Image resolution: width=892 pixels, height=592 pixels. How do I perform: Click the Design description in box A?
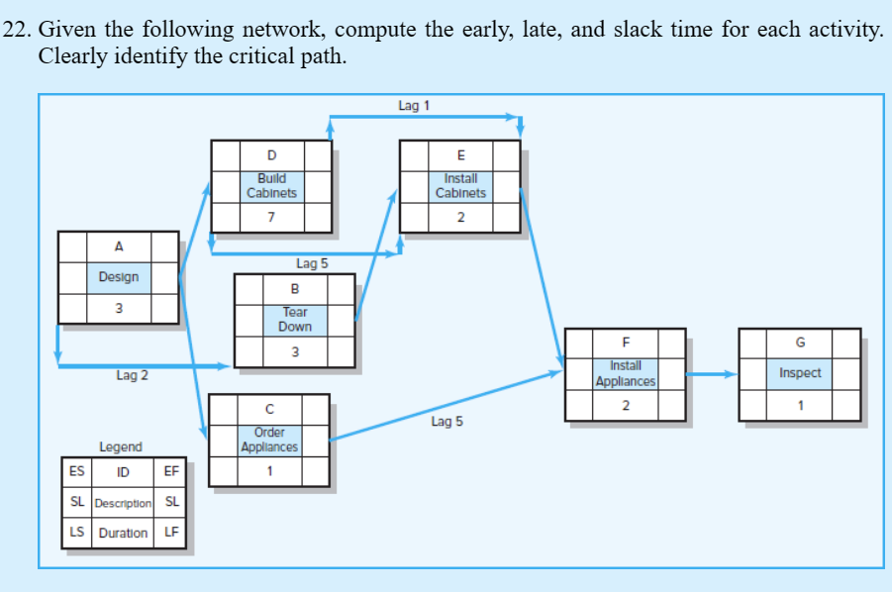(x=119, y=277)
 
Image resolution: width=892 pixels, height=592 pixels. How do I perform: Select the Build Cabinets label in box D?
(x=272, y=186)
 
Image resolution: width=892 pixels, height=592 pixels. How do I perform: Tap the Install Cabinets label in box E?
(x=460, y=186)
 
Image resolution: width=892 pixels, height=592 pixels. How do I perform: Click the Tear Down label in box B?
(x=294, y=319)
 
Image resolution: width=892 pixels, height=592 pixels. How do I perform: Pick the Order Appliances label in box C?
(x=269, y=440)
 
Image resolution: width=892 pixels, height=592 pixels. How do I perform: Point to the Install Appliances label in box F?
(x=625, y=373)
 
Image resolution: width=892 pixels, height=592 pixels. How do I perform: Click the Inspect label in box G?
(x=799, y=373)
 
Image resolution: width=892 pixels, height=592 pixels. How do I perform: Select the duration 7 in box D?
(x=272, y=219)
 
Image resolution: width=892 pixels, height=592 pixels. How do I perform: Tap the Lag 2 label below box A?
(x=132, y=375)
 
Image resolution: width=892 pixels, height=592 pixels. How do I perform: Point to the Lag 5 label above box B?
(x=311, y=263)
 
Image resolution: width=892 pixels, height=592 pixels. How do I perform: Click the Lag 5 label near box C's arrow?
(x=446, y=422)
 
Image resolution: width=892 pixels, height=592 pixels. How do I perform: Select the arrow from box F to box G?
(x=711, y=374)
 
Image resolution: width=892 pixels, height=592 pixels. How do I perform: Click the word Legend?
(x=121, y=447)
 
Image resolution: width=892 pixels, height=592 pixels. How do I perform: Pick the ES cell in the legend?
(x=76, y=471)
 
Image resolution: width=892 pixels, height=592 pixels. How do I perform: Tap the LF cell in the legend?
(x=170, y=533)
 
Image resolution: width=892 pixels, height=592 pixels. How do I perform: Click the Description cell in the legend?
(x=124, y=502)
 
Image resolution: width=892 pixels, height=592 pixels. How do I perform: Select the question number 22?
(x=17, y=30)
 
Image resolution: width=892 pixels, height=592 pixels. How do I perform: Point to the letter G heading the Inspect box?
(x=799, y=343)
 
